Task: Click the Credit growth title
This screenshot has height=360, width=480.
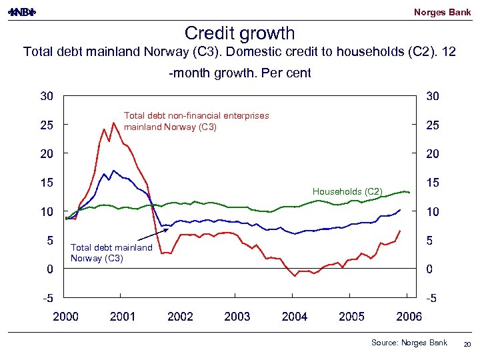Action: [239, 33]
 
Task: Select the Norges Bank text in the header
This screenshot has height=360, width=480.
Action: [442, 12]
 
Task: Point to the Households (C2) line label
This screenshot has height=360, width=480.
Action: [347, 192]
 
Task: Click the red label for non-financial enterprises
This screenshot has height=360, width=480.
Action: [197, 121]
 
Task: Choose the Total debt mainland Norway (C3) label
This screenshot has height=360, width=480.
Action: [111, 253]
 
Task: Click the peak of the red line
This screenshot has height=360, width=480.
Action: [114, 123]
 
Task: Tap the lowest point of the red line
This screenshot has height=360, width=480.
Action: [295, 276]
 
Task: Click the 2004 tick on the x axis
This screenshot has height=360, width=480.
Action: [295, 317]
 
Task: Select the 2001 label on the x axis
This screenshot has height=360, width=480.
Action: [123, 317]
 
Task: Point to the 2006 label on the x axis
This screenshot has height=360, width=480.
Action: [409, 317]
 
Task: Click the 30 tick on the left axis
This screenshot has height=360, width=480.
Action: [46, 96]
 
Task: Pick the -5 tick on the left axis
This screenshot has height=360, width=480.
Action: [46, 298]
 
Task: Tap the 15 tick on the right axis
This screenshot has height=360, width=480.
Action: [433, 182]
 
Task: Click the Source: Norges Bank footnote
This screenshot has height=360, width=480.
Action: [409, 343]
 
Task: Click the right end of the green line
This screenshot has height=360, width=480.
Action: [409, 193]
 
